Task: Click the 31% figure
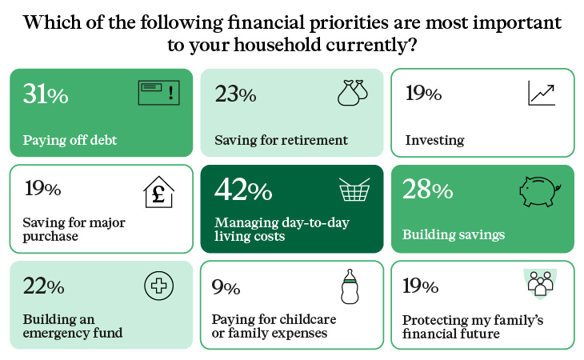(x=46, y=94)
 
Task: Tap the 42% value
(x=243, y=189)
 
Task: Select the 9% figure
(x=226, y=287)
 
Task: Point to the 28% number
(x=427, y=189)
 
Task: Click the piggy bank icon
(x=540, y=191)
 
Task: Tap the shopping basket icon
(x=354, y=189)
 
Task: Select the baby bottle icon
(x=350, y=286)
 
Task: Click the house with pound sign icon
(x=158, y=192)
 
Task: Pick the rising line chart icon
(x=542, y=93)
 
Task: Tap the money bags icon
(x=352, y=93)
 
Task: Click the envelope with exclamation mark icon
(x=159, y=93)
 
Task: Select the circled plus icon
(x=159, y=286)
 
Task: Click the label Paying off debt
(x=70, y=140)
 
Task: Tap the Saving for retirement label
(x=281, y=140)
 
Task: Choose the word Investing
(x=434, y=140)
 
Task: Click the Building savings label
(x=454, y=234)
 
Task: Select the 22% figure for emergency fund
(x=43, y=286)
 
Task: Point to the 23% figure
(x=235, y=94)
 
